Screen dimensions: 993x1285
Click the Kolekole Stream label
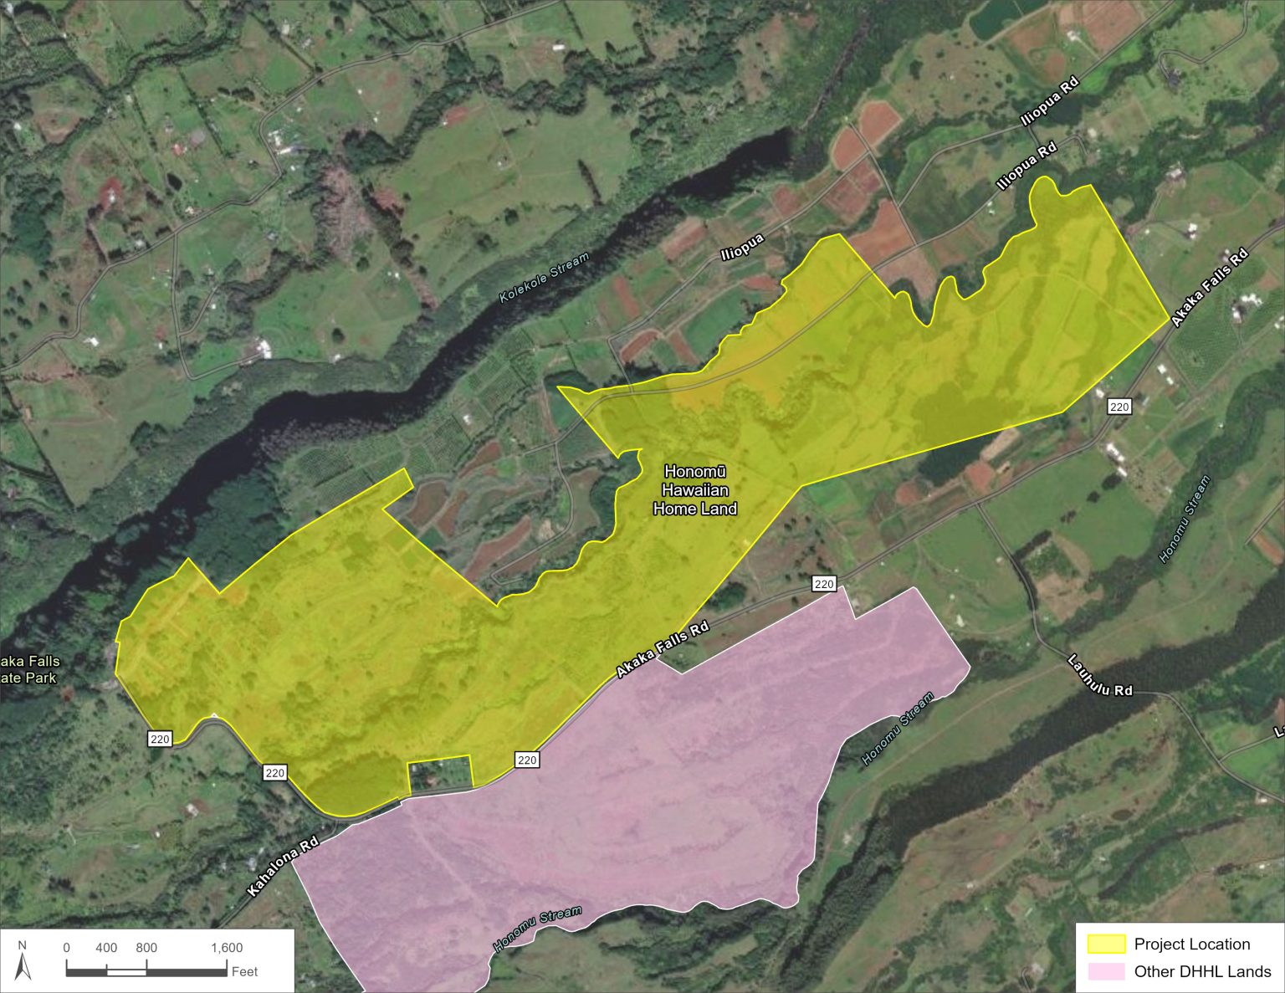coord(544,278)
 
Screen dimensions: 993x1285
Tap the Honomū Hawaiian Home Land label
coord(694,490)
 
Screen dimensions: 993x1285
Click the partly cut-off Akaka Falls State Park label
coord(29,669)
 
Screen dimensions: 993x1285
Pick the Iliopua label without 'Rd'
coord(743,248)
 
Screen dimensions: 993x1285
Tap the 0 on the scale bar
coord(67,948)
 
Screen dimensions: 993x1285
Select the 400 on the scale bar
coord(106,948)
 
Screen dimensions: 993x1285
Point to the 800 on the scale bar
coord(146,948)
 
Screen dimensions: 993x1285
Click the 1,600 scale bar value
coord(227,948)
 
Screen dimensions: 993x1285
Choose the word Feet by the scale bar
coord(245,971)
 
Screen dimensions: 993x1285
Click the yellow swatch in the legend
coord(1106,944)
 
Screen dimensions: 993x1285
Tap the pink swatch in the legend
coord(1106,971)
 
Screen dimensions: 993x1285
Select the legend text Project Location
coord(1191,944)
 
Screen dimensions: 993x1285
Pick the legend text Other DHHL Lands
coord(1202,971)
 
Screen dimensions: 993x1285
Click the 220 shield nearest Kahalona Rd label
coord(275,773)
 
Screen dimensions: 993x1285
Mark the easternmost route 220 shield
coord(1119,407)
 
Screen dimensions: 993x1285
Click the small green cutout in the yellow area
coord(439,773)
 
